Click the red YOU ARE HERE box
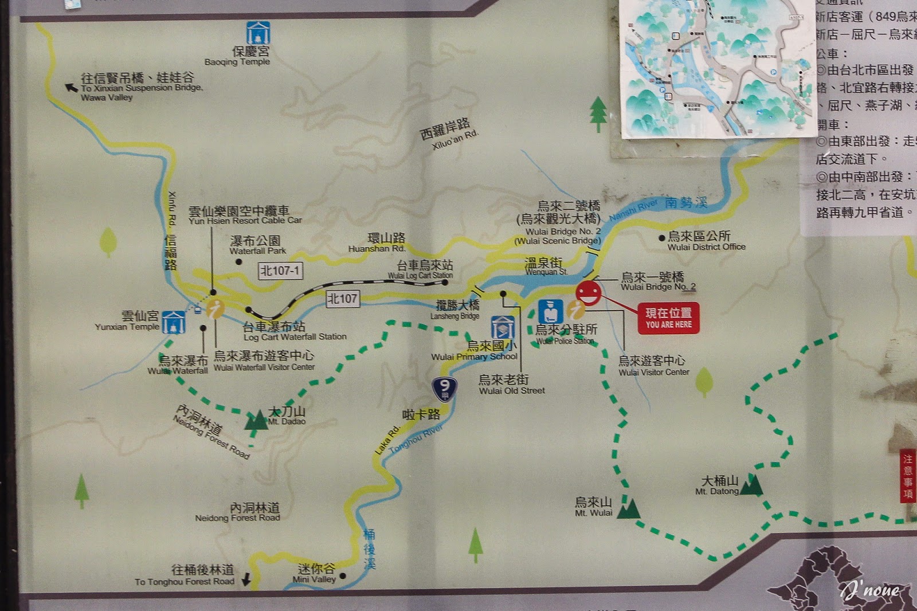click(668, 318)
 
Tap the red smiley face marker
click(589, 293)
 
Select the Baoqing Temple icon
click(258, 33)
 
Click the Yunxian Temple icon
click(173, 322)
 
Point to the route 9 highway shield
click(444, 389)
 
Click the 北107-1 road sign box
click(280, 271)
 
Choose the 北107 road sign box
click(342, 299)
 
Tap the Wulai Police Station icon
click(550, 312)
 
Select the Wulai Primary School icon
click(502, 328)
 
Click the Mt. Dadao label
click(287, 416)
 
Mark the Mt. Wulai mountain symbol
click(630, 508)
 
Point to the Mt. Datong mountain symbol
click(752, 485)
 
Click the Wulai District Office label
click(706, 241)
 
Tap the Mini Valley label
click(315, 573)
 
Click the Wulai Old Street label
click(511, 385)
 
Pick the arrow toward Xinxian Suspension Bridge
click(71, 87)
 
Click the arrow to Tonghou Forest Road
click(246, 579)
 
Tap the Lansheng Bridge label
click(456, 310)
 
